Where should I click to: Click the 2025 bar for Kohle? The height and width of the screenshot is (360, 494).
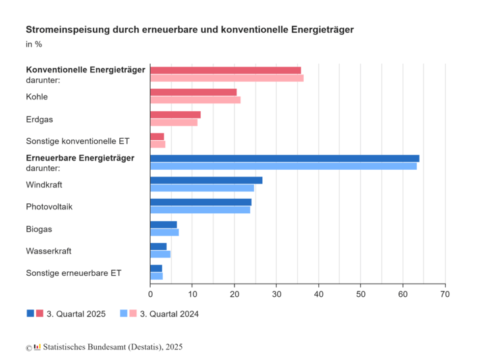pos(193,92)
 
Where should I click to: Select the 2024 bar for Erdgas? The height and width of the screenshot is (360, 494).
pos(173,122)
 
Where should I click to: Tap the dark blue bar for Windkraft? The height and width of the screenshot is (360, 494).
pos(206,180)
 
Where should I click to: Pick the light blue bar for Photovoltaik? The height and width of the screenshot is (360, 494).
pos(200,210)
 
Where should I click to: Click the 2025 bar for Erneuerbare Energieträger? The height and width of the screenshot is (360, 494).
pos(285,158)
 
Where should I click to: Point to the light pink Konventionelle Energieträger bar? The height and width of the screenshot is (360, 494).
pos(227,78)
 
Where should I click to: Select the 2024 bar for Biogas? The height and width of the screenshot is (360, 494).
pos(164,232)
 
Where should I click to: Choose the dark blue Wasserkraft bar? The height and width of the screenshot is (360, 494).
pos(158,246)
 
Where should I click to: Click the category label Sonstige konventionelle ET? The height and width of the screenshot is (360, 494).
pos(77,141)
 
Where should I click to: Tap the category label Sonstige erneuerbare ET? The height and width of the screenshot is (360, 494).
pos(73,272)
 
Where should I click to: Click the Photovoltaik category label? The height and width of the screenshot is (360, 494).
pos(49,207)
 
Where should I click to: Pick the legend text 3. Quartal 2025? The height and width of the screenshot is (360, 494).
pos(76,314)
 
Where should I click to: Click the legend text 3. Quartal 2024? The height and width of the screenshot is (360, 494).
pos(169,314)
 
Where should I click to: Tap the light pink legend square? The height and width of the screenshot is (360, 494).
pos(134,313)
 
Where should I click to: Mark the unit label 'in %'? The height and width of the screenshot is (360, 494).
pos(34,45)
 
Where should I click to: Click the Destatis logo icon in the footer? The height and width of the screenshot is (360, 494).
pos(37,346)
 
